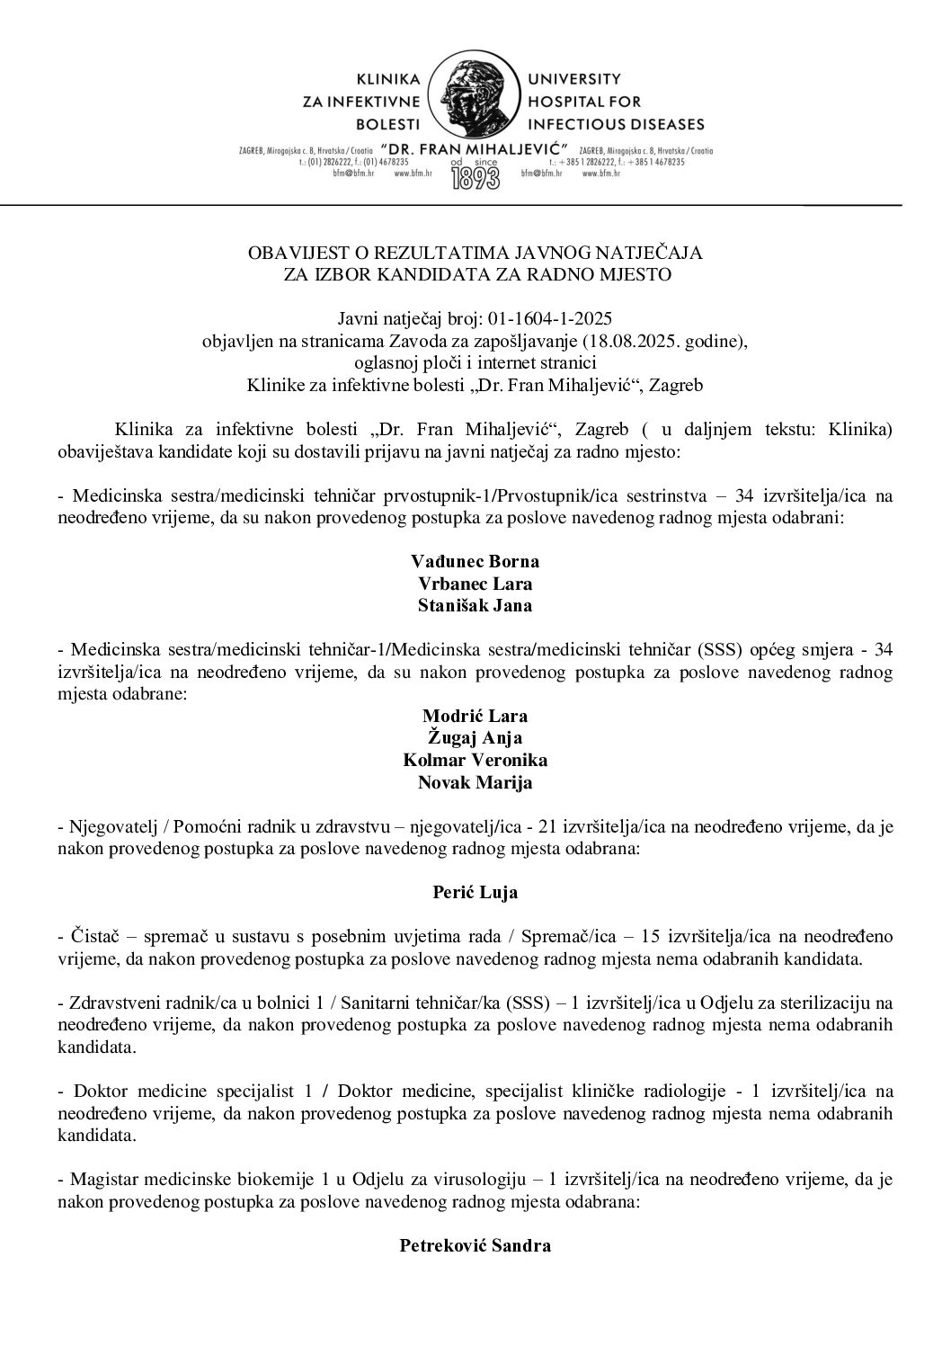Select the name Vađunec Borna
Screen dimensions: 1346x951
pos(475,562)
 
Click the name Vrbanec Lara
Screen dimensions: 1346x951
pos(475,584)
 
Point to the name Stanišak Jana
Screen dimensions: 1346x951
pos(475,605)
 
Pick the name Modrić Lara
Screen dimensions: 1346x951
pos(475,717)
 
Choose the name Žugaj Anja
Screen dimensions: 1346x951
pos(475,738)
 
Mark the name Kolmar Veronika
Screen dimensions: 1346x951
pos(475,761)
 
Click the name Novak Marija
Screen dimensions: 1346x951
pos(475,782)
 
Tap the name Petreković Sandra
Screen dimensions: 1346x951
pos(475,1246)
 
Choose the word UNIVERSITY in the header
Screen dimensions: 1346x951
pos(572,78)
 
